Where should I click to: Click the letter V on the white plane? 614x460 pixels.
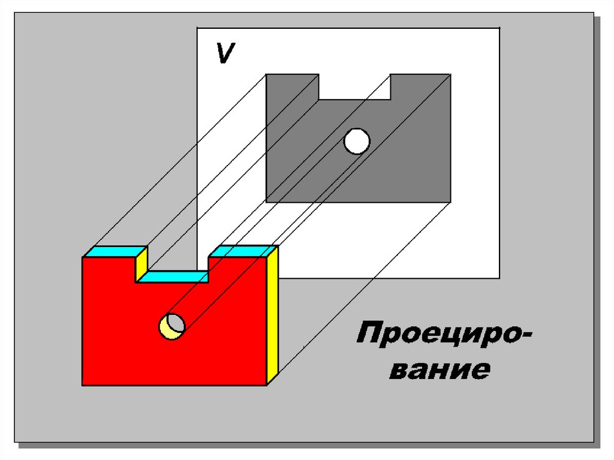[225, 54]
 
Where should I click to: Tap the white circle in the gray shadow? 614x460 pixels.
[357, 142]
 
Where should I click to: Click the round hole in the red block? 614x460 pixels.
[171, 326]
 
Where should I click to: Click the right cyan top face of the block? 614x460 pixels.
[243, 251]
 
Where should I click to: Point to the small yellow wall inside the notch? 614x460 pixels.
[142, 265]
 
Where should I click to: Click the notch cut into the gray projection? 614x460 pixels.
[354, 86]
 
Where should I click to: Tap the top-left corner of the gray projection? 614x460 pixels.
[267, 74]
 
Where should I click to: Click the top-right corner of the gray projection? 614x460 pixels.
[450, 74]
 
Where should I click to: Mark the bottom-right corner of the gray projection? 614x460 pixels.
[450, 202]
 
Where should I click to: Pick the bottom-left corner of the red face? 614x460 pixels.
[83, 385]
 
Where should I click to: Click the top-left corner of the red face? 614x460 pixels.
[83, 257]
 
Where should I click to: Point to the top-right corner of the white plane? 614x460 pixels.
[499, 28]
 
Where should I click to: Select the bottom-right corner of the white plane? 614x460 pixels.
[499, 278]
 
